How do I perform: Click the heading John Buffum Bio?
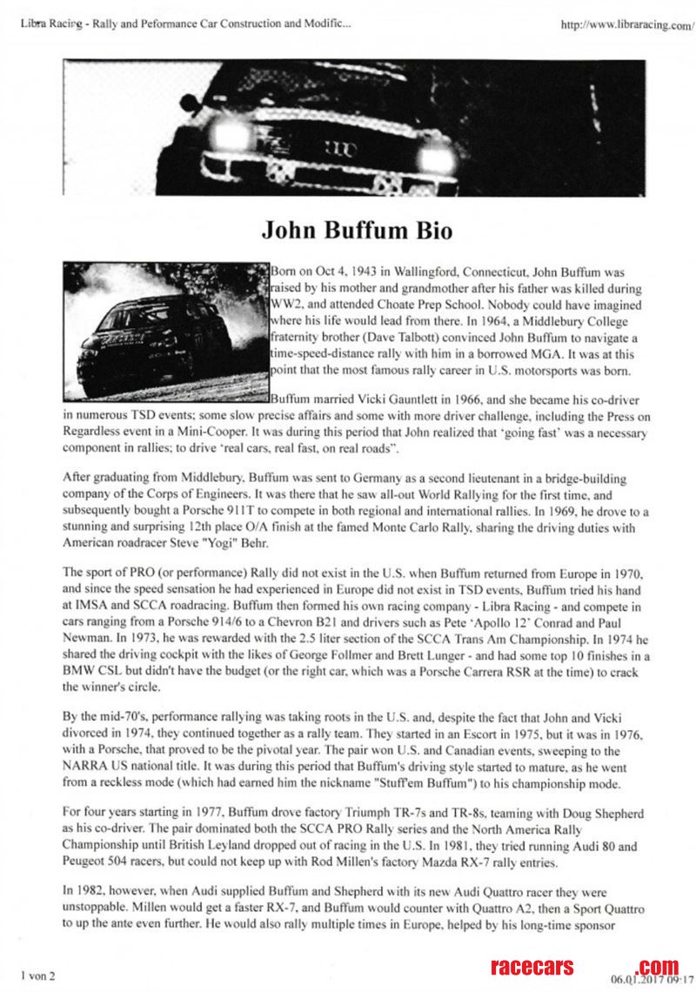[356, 231]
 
